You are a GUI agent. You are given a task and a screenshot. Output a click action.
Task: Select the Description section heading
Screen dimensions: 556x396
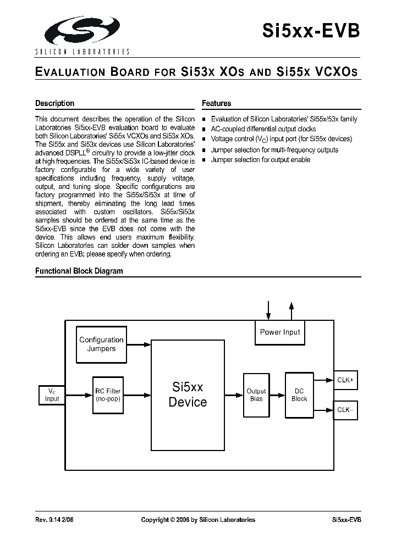(54, 103)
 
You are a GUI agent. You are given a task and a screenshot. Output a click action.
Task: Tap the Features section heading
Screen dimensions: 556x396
(216, 103)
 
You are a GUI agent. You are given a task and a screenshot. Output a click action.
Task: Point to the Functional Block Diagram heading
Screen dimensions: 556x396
(79, 271)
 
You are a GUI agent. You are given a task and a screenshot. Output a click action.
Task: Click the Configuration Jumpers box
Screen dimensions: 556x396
(101, 344)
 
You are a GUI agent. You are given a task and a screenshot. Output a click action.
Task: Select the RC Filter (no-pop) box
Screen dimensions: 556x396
(108, 394)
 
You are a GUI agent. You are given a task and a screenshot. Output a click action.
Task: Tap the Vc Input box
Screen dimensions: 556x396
(52, 394)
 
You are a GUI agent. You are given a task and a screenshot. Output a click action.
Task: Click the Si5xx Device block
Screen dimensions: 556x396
(188, 394)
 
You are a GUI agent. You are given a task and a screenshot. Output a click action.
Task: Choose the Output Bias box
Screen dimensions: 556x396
(256, 394)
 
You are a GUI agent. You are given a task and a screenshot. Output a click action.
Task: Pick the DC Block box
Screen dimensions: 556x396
(299, 394)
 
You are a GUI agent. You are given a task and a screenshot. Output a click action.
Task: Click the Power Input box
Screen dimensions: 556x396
(280, 332)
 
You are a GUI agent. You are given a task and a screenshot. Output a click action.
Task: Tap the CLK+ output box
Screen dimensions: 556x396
(345, 380)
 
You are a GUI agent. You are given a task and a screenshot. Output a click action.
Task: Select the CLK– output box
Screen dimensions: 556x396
(345, 410)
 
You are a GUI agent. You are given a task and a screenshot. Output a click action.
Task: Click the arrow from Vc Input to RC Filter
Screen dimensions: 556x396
(79, 395)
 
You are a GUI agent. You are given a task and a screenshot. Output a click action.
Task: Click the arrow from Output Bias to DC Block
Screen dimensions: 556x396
(277, 395)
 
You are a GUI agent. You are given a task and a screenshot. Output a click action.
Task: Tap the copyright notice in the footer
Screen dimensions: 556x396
(198, 520)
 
